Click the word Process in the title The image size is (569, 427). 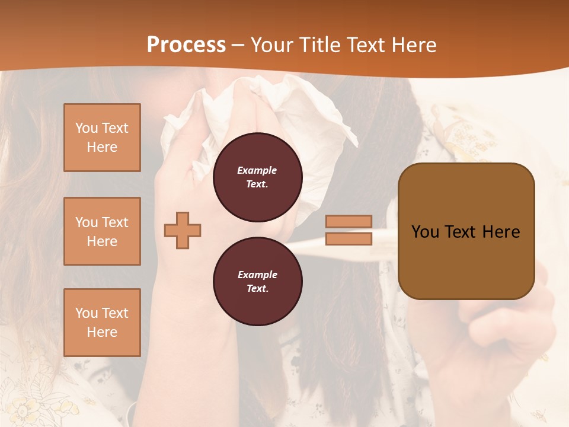click(186, 45)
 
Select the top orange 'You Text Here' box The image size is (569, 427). click(102, 138)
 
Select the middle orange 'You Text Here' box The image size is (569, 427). click(102, 231)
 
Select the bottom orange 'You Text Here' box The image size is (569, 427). click(102, 322)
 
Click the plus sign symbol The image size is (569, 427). click(183, 230)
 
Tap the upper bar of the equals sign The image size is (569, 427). click(349, 221)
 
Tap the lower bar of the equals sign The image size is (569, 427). click(349, 238)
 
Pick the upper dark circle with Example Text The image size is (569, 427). click(257, 177)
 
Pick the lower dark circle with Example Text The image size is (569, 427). click(257, 281)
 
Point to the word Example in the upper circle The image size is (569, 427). click(257, 170)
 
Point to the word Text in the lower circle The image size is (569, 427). click(257, 288)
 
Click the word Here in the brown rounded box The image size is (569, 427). click(501, 232)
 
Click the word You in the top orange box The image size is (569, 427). click(87, 128)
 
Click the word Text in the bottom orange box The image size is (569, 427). click(116, 313)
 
